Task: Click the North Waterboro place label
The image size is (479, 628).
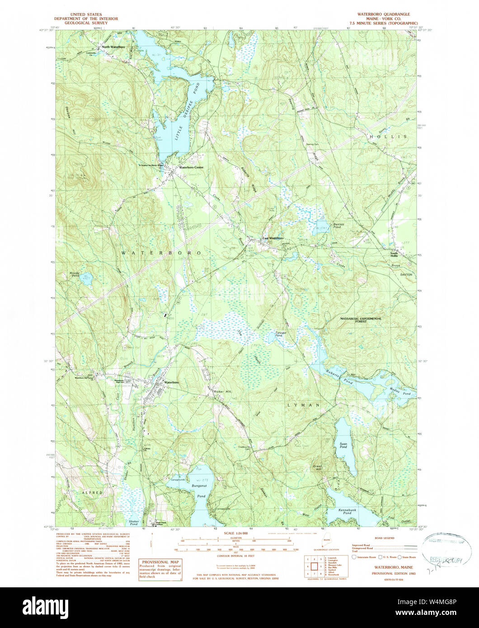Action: tap(113, 47)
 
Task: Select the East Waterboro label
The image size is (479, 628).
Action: tap(273, 238)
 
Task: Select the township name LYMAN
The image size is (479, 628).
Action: tap(304, 405)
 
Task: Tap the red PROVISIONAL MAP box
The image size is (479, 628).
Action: tap(160, 563)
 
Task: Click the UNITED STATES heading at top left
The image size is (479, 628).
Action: tap(86, 14)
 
